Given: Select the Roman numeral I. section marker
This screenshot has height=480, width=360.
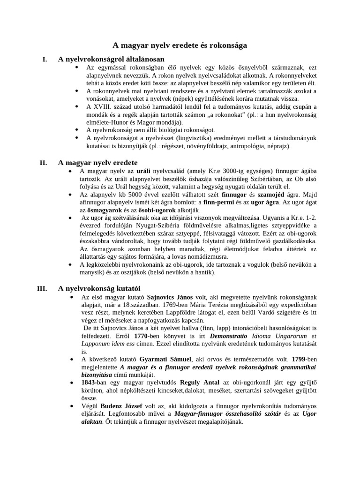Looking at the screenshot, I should coord(45,59).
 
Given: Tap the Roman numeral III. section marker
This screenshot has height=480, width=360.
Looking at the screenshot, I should coord(42,288).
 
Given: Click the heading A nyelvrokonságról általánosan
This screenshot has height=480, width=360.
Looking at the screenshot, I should coord(111,59).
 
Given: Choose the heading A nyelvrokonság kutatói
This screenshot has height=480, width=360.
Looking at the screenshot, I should coord(99,288).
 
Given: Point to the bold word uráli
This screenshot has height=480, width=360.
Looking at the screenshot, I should coord(144,172).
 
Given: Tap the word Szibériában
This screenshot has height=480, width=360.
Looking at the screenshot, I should coord(254,180).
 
